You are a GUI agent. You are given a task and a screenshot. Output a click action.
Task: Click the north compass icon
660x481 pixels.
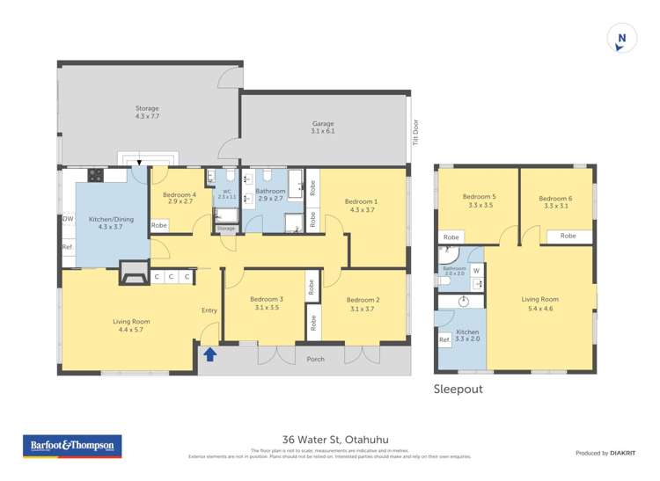(622, 40)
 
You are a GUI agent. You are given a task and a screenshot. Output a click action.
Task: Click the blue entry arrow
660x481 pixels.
(209, 354)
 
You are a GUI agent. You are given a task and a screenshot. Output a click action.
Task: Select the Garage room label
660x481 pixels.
(323, 128)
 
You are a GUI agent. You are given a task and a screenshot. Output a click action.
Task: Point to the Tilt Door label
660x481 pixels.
(414, 132)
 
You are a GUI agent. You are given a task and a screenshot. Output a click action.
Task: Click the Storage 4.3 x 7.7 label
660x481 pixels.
(147, 113)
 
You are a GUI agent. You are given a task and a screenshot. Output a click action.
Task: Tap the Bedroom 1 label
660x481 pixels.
(362, 206)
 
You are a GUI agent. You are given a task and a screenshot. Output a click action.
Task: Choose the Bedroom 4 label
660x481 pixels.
(180, 199)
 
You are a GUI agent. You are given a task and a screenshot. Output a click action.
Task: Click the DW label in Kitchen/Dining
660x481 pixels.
(68, 219)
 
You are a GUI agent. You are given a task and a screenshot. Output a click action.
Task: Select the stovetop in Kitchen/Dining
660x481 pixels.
(95, 175)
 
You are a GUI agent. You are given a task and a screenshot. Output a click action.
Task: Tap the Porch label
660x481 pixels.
(315, 359)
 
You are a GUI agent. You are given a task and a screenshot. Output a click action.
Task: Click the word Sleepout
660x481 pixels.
(458, 389)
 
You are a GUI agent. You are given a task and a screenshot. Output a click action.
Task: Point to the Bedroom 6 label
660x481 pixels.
(556, 201)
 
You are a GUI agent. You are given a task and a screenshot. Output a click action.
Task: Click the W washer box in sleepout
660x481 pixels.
(476, 272)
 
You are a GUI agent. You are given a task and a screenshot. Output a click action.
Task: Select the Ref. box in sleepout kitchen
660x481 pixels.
(444, 340)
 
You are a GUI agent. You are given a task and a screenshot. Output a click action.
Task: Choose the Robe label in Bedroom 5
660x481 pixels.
(451, 237)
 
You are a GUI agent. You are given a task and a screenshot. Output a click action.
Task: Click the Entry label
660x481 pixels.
(209, 310)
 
